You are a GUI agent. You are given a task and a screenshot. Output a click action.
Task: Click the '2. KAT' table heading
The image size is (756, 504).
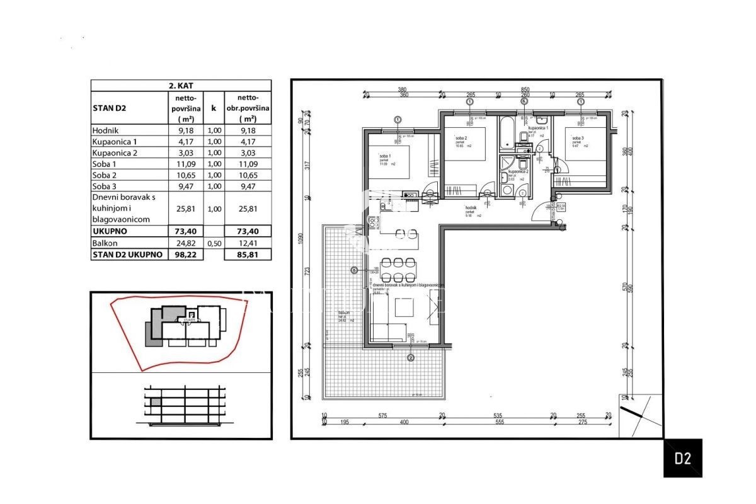[x=181, y=86]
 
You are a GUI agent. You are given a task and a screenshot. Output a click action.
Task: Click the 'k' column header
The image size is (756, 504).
[x=213, y=108]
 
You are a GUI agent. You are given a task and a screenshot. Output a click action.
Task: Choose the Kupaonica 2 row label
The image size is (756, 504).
[x=114, y=152]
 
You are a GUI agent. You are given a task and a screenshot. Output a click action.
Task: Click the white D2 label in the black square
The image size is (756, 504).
[x=683, y=458]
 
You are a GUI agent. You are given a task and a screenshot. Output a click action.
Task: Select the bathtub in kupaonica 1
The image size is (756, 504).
[x=507, y=134]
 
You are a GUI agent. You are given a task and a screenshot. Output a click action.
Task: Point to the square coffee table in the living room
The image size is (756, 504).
[x=403, y=308]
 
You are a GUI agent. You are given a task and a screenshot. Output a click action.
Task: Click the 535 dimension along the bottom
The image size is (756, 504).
[x=497, y=416]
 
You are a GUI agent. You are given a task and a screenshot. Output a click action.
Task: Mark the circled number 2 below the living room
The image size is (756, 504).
[x=411, y=358]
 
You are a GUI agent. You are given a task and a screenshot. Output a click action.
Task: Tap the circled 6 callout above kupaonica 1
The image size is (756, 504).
[x=524, y=101]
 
